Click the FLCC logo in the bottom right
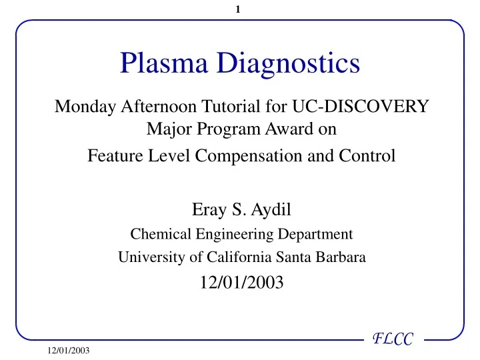(x=394, y=341)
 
